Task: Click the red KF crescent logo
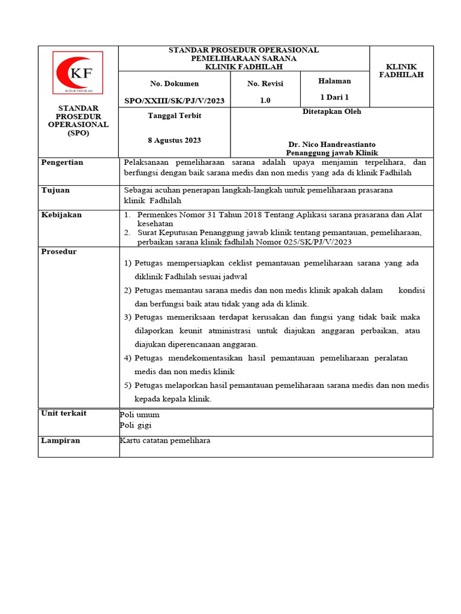pos(78,73)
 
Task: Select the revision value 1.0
pos(265,101)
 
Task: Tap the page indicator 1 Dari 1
pos(334,97)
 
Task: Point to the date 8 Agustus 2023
pos(174,140)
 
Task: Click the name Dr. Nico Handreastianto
pos(331,145)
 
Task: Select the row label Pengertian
pos(62,162)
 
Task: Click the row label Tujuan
pos(55,190)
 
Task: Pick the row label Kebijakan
pos(61,215)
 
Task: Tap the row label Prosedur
pos(59,251)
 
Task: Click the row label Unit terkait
pos(64,413)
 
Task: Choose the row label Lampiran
pos(60,440)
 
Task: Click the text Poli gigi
pos(136,425)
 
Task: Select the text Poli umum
pos(140,414)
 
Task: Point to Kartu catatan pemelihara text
pos(165,440)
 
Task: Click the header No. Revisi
pos(265,83)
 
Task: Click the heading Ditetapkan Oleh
pos(331,112)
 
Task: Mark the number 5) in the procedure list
pos(128,386)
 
